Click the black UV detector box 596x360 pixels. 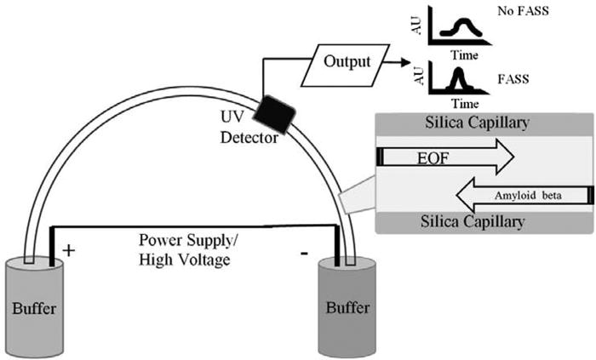pyautogui.click(x=274, y=115)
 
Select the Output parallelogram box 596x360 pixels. pyautogui.click(x=346, y=66)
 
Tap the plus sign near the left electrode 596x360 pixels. pyautogui.click(x=68, y=251)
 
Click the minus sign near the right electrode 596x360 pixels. pyautogui.click(x=304, y=254)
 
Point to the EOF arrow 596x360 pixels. pyautogui.click(x=447, y=157)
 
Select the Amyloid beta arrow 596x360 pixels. pyautogui.click(x=524, y=196)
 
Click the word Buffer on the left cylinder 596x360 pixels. pyautogui.click(x=34, y=308)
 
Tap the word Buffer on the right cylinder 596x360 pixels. pyautogui.click(x=347, y=307)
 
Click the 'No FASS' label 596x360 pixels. pyautogui.click(x=523, y=11)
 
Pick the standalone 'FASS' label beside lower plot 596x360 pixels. pyautogui.click(x=513, y=79)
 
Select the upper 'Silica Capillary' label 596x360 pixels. pyautogui.click(x=477, y=123)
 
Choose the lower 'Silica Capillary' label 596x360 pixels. pyautogui.click(x=473, y=221)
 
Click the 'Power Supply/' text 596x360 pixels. pyautogui.click(x=188, y=241)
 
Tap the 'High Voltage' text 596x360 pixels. pyautogui.click(x=185, y=260)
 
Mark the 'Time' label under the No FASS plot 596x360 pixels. pyautogui.click(x=465, y=55)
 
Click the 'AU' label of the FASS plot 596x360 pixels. pyautogui.click(x=419, y=76)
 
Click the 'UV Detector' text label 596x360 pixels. pyautogui.click(x=249, y=128)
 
